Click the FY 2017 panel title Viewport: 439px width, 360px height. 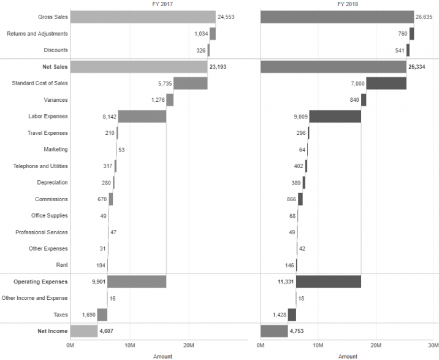point(162,4)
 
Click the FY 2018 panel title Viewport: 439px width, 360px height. point(348,4)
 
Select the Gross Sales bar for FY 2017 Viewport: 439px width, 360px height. point(143,17)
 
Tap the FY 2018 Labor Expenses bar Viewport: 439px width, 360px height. point(335,117)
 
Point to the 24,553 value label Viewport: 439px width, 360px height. point(227,17)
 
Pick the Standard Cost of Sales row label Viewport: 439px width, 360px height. point(40,83)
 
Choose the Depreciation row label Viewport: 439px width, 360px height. point(52,183)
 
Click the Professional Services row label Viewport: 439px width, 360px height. point(42,232)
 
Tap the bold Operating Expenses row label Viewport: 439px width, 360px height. point(40,282)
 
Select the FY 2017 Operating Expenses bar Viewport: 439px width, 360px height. point(137,282)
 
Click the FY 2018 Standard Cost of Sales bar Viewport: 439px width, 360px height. point(386,83)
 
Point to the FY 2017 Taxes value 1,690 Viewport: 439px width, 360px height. point(89,315)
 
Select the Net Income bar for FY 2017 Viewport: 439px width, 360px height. point(84,331)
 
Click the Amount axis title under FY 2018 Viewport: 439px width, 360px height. point(348,356)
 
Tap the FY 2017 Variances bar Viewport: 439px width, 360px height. point(170,100)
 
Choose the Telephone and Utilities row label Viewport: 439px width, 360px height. point(40,166)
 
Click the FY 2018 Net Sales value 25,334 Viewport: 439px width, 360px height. point(417,67)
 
